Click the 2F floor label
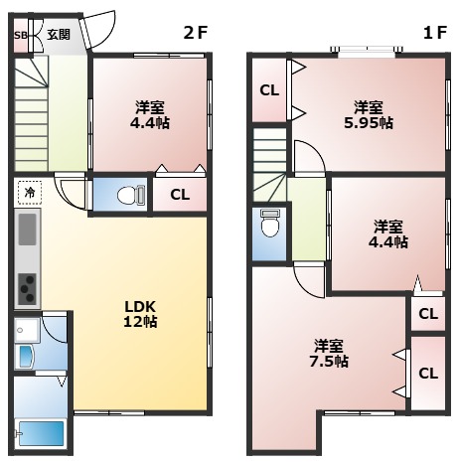pyautogui.click(x=196, y=33)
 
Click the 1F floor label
pyautogui.click(x=435, y=33)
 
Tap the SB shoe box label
pyautogui.click(x=21, y=36)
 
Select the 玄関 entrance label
pyautogui.click(x=59, y=35)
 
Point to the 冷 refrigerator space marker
pyautogui.click(x=30, y=193)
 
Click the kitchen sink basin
pyautogui.click(x=28, y=230)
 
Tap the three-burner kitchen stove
pyautogui.click(x=27, y=289)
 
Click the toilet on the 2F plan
pyautogui.click(x=131, y=196)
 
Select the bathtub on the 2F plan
pyautogui.click(x=41, y=433)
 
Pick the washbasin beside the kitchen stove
pyautogui.click(x=27, y=357)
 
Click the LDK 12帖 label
pyautogui.click(x=140, y=314)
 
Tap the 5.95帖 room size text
pyautogui.click(x=369, y=123)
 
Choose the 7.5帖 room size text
pyautogui.click(x=329, y=361)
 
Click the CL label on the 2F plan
pyautogui.click(x=180, y=195)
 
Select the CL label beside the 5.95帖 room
pyautogui.click(x=269, y=90)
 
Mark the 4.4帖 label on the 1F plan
pyautogui.click(x=388, y=241)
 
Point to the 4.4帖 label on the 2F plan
pyautogui.click(x=150, y=123)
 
